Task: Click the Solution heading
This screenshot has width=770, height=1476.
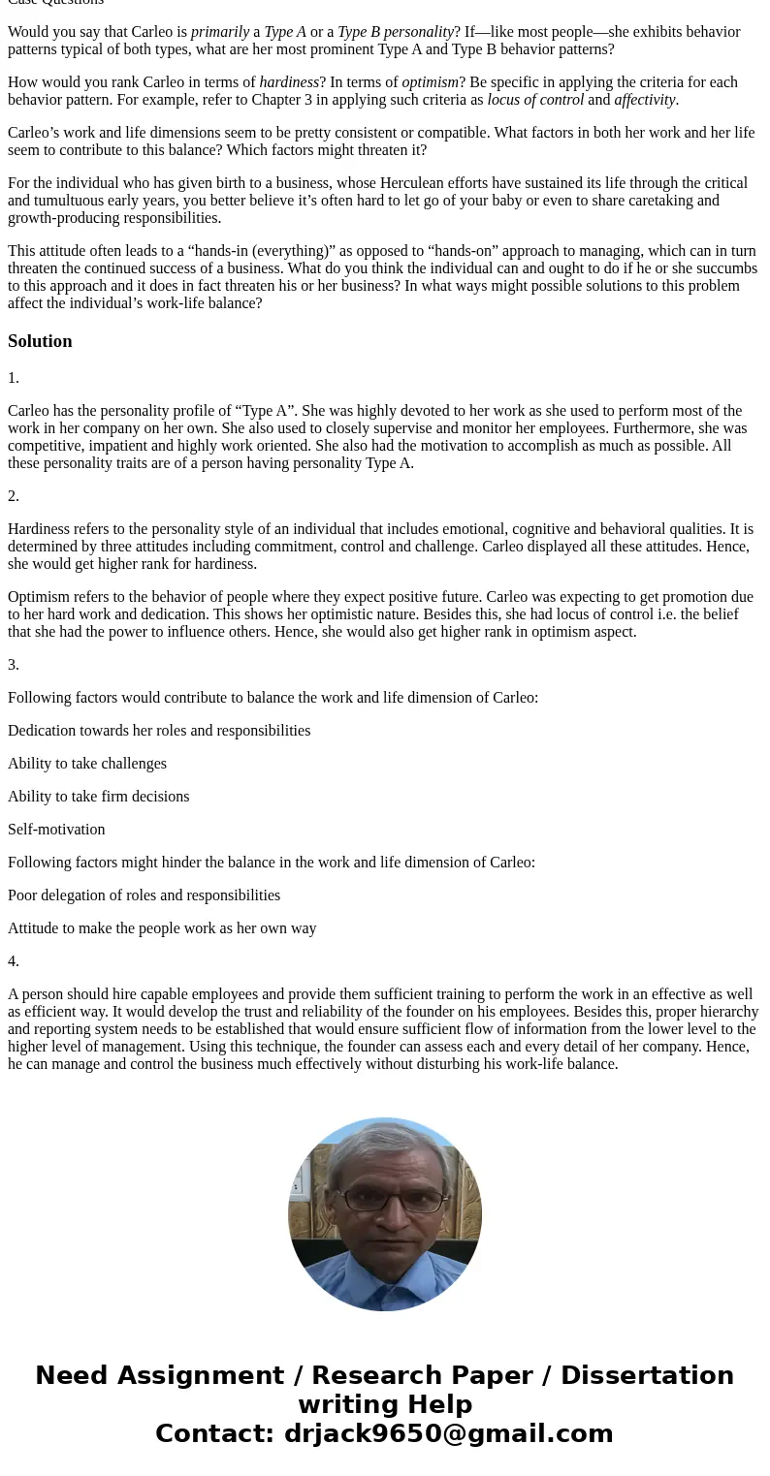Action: (40, 341)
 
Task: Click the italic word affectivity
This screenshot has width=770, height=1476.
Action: (645, 100)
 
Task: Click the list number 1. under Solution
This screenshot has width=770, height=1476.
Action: (14, 378)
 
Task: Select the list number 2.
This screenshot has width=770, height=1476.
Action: (14, 496)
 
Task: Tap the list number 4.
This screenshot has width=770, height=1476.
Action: (14, 961)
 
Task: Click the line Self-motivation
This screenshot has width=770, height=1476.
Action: (56, 830)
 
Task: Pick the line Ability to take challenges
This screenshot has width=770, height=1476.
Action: (87, 764)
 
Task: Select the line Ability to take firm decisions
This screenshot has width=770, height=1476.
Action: (98, 797)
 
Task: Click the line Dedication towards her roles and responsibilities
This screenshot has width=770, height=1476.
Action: (159, 731)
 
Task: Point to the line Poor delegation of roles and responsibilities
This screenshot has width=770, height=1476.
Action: (144, 895)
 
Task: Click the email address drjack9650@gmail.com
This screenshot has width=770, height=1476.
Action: (448, 1434)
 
